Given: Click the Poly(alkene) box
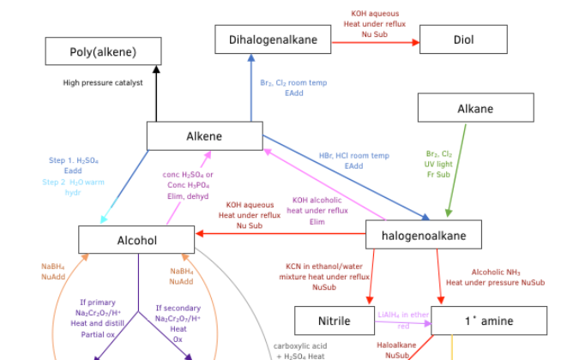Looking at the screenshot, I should (x=103, y=52).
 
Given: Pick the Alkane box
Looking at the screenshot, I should (x=475, y=109).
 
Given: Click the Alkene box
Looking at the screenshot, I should (x=204, y=136).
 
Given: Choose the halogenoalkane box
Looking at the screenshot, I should (x=424, y=234).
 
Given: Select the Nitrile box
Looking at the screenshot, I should (x=335, y=321).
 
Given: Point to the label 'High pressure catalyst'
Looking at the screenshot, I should (x=103, y=83).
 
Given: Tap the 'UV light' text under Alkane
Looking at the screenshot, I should (x=438, y=164).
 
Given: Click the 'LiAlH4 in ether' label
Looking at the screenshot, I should (x=403, y=315).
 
